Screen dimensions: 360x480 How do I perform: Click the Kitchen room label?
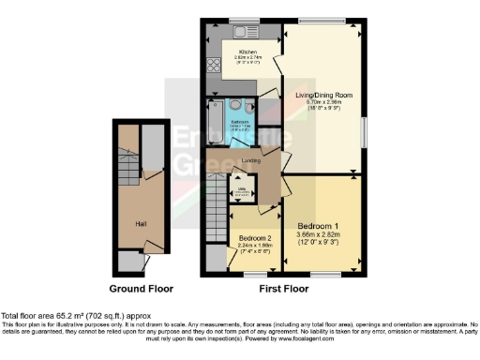coord(248,52)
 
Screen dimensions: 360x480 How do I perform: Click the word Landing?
coord(250,160)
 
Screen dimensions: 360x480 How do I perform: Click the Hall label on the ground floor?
coord(141,224)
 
